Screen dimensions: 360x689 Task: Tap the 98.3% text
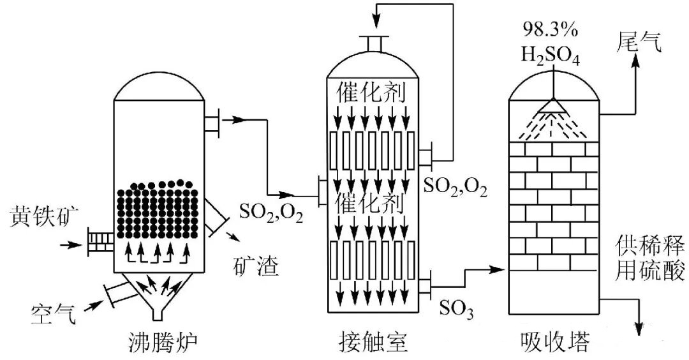551,29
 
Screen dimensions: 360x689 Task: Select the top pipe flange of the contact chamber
374,43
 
